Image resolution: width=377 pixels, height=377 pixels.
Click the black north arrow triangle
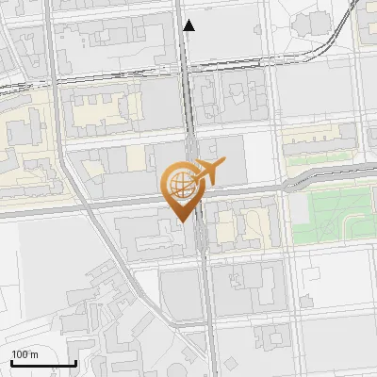point(189,25)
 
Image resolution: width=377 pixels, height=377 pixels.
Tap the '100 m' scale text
point(25,354)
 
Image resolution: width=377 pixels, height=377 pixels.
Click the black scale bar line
point(43,363)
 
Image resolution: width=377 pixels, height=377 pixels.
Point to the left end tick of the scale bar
point(11,361)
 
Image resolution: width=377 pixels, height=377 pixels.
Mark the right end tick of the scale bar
point(76,361)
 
